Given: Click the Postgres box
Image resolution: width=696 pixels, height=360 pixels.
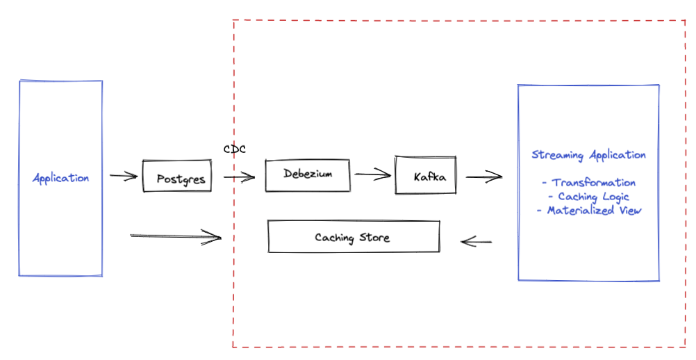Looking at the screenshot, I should pyautogui.click(x=177, y=177).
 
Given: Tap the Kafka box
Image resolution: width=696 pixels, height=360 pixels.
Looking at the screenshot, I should pyautogui.click(x=424, y=175).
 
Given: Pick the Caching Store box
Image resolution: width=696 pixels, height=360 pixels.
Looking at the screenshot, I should pyautogui.click(x=353, y=238).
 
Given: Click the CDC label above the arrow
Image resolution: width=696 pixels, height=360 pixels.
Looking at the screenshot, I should pyautogui.click(x=235, y=149).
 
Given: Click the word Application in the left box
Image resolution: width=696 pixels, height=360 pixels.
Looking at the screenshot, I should pyautogui.click(x=61, y=178).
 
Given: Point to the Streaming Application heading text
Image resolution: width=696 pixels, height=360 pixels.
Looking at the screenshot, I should pyautogui.click(x=588, y=155).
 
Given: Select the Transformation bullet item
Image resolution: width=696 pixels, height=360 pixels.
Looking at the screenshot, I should pyautogui.click(x=588, y=183).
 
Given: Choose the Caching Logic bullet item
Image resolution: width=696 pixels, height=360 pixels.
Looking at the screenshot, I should pyautogui.click(x=588, y=197).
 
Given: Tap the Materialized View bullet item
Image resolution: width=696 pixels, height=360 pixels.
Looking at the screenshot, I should pyautogui.click(x=588, y=211).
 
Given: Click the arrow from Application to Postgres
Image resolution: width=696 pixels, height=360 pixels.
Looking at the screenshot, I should pyautogui.click(x=124, y=177).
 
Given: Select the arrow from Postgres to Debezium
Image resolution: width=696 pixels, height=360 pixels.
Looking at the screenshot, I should pyautogui.click(x=239, y=177).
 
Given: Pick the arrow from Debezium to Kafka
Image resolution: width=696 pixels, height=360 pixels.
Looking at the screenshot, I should pyautogui.click(x=373, y=175).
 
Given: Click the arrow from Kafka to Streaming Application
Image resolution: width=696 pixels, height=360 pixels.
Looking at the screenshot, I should pyautogui.click(x=483, y=177).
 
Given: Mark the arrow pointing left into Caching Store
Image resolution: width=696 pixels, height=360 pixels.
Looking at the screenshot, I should pyautogui.click(x=477, y=242).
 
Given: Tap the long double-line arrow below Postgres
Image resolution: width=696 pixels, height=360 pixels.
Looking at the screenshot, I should pyautogui.click(x=175, y=238).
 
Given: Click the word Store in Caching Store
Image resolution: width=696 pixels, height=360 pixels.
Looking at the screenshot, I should pyautogui.click(x=375, y=238).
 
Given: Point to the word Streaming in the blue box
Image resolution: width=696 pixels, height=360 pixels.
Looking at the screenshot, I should pyautogui.click(x=558, y=155).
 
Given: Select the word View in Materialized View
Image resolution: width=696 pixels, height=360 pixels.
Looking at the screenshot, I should pyautogui.click(x=628, y=211).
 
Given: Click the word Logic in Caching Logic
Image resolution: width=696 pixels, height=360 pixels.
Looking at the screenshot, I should pyautogui.click(x=615, y=197).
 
